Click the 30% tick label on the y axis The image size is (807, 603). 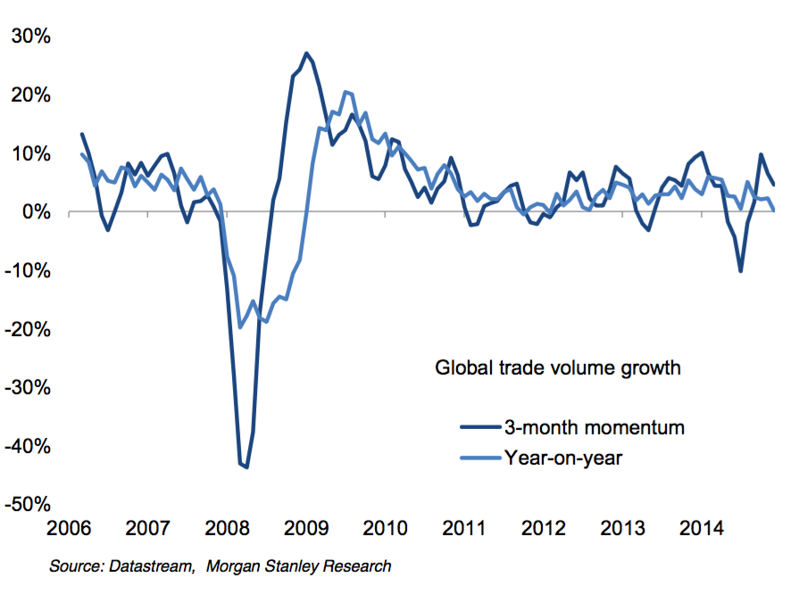(30, 37)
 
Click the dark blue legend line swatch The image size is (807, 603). (480, 428)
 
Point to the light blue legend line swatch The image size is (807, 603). (480, 458)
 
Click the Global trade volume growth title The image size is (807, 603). (558, 368)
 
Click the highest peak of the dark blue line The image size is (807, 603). (306, 54)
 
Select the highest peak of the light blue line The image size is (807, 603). (346, 92)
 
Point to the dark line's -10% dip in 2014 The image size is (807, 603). (741, 270)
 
